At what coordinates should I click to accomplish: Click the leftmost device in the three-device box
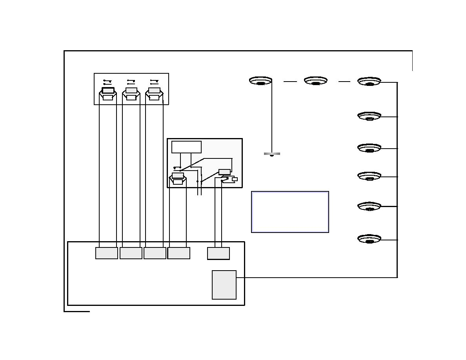coord(108,95)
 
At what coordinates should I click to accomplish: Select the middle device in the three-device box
coord(131,95)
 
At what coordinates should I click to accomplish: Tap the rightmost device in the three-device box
coord(154,95)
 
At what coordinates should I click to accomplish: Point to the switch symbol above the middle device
coord(131,82)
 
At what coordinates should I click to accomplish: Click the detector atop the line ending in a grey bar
coord(260,81)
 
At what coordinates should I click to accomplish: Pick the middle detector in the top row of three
coord(316,81)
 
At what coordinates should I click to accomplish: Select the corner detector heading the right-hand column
coord(369,82)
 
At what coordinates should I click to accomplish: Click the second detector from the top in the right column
coord(369,116)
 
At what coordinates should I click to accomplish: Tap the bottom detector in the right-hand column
coord(369,239)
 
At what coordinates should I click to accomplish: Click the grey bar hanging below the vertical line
coord(272,154)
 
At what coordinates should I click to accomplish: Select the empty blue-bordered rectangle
coord(290,212)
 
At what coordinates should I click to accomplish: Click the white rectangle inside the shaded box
coord(186,147)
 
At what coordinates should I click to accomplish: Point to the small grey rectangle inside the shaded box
coord(224,172)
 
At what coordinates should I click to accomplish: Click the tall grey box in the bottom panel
coord(224,285)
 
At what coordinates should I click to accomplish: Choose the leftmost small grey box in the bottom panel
coord(107,253)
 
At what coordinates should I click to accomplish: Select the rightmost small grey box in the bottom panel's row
coord(218,253)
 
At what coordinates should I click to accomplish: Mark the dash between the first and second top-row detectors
coord(290,82)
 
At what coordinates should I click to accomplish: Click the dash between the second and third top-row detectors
coord(344,82)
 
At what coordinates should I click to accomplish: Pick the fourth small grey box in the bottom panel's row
coord(179,253)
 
